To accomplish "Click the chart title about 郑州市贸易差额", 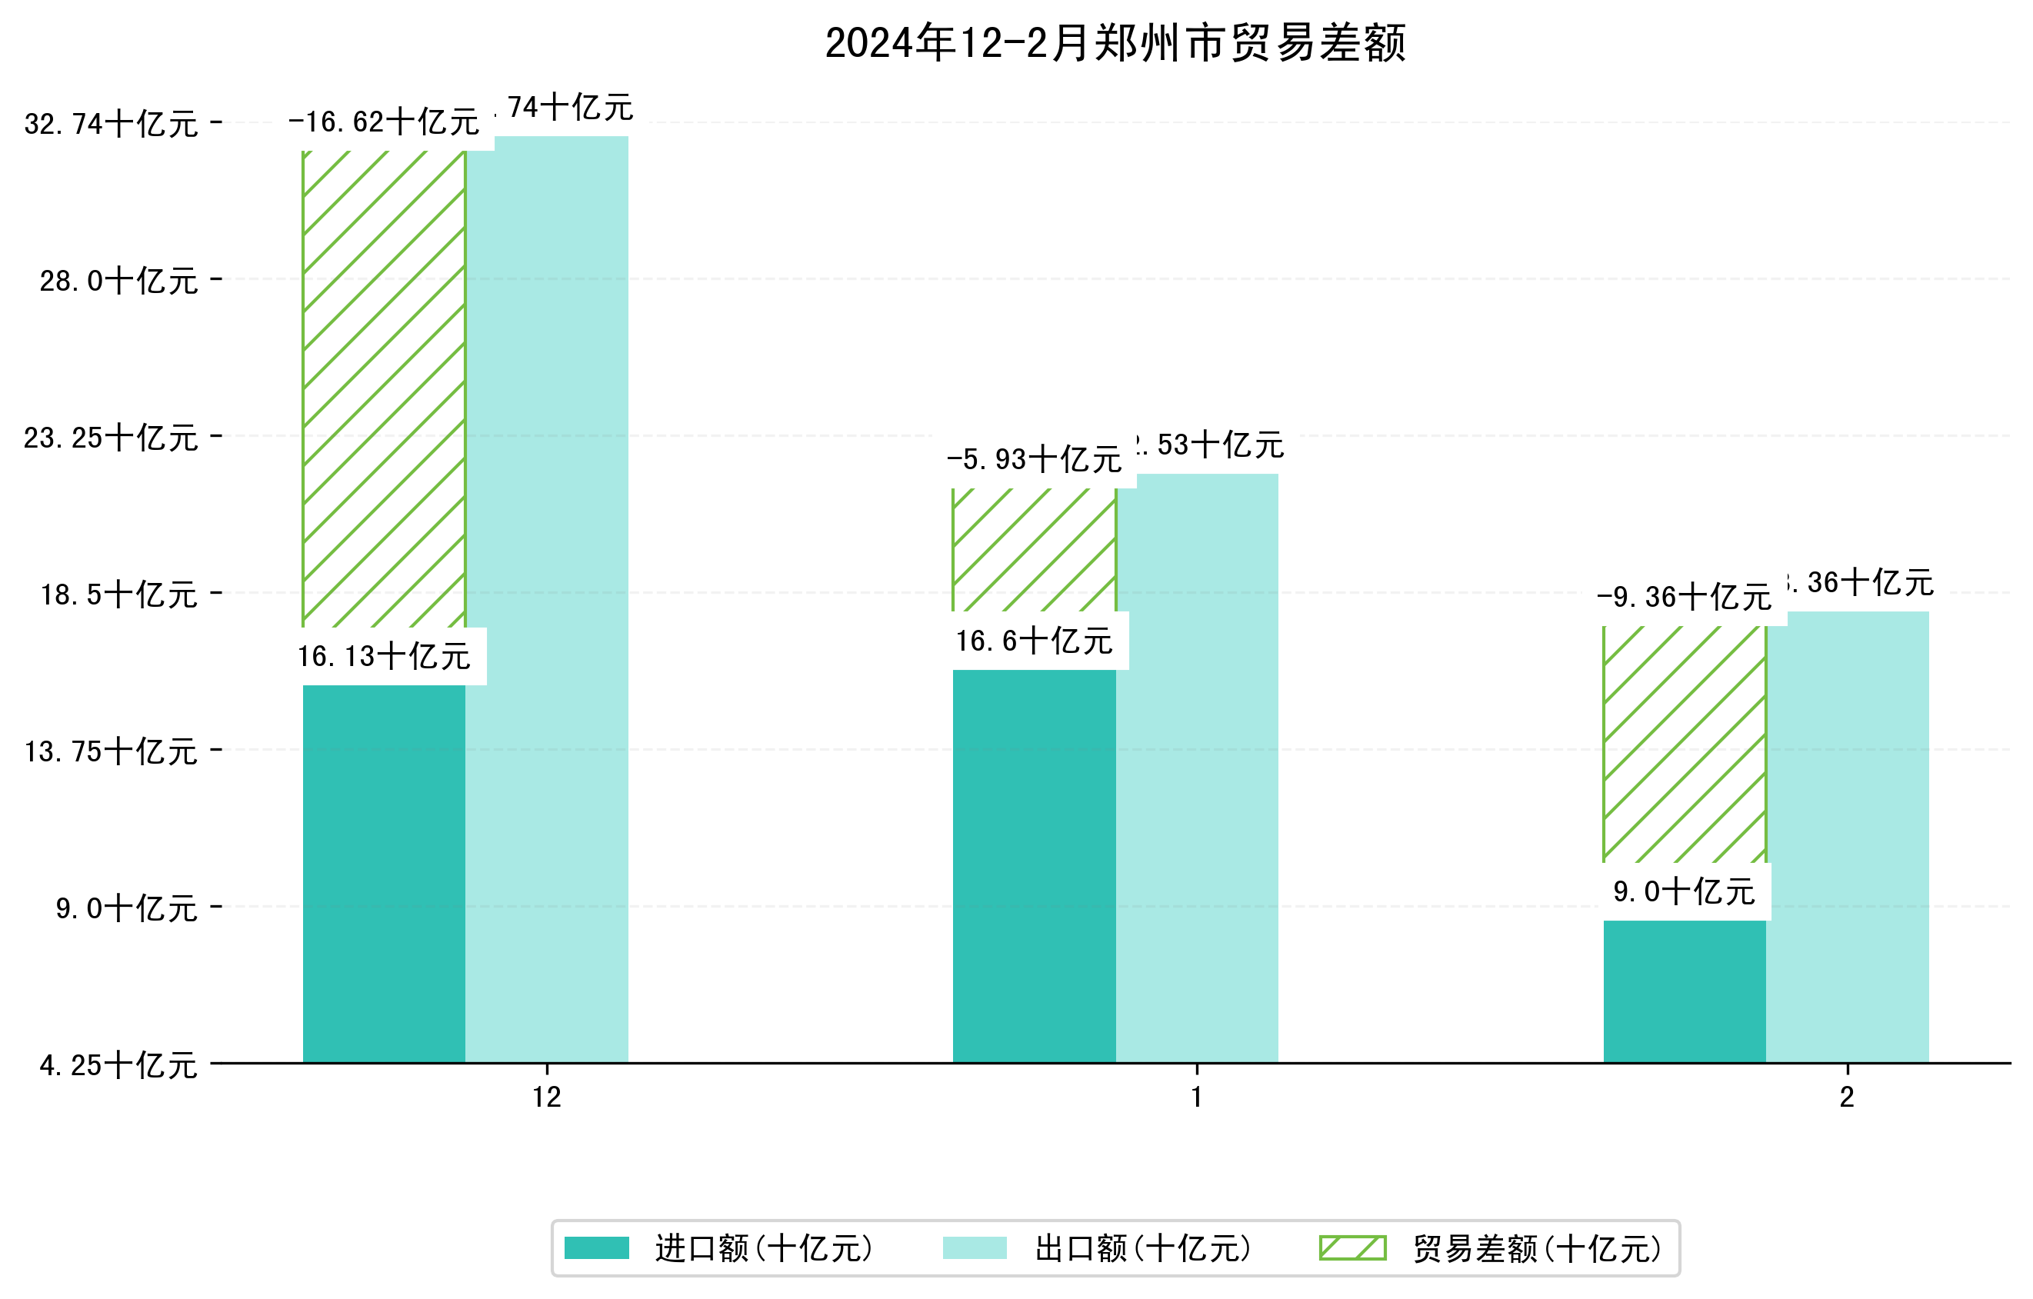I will tap(1115, 43).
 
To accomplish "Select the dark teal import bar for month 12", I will tap(383, 874).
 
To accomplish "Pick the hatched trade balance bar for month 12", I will tap(383, 388).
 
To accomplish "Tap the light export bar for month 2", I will tap(1848, 835).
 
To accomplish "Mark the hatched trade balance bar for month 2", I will tap(1685, 743).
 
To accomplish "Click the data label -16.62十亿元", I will tap(384, 123).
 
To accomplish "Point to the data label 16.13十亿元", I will tap(384, 657).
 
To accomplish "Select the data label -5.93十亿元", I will tap(1035, 460).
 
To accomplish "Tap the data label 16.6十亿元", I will tap(1035, 641).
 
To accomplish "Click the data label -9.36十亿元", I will tap(1685, 598).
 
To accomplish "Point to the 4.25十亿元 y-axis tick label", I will tap(118, 1065).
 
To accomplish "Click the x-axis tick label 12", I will tap(546, 1097).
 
